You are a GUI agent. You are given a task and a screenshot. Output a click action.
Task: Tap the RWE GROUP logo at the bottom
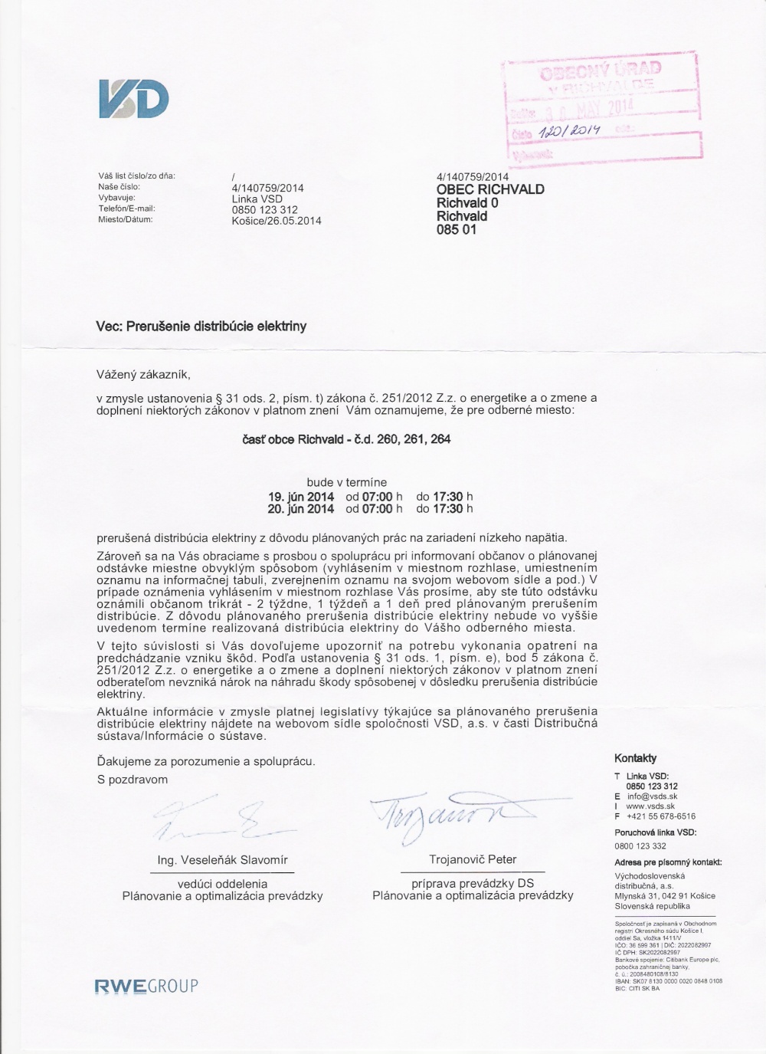coord(146,985)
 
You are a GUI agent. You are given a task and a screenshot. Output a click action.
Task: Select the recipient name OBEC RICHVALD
coord(490,189)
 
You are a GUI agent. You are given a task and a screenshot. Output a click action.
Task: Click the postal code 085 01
coord(456,229)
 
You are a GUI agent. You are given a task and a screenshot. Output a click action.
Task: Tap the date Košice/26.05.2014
coord(276,221)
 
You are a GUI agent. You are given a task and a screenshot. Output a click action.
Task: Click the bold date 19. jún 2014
coord(300,497)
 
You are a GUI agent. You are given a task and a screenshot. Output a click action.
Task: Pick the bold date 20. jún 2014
coord(300,508)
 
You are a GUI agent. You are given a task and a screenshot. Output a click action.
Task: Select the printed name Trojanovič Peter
coord(473,859)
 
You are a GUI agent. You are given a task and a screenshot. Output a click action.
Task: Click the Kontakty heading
coord(635,758)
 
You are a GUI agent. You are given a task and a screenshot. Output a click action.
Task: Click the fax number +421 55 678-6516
coord(660,816)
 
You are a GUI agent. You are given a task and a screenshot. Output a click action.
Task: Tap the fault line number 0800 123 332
coord(640,846)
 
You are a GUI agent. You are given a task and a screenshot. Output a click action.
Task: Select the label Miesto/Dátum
coord(126,219)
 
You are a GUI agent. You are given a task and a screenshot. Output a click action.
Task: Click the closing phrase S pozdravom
coord(132,780)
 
